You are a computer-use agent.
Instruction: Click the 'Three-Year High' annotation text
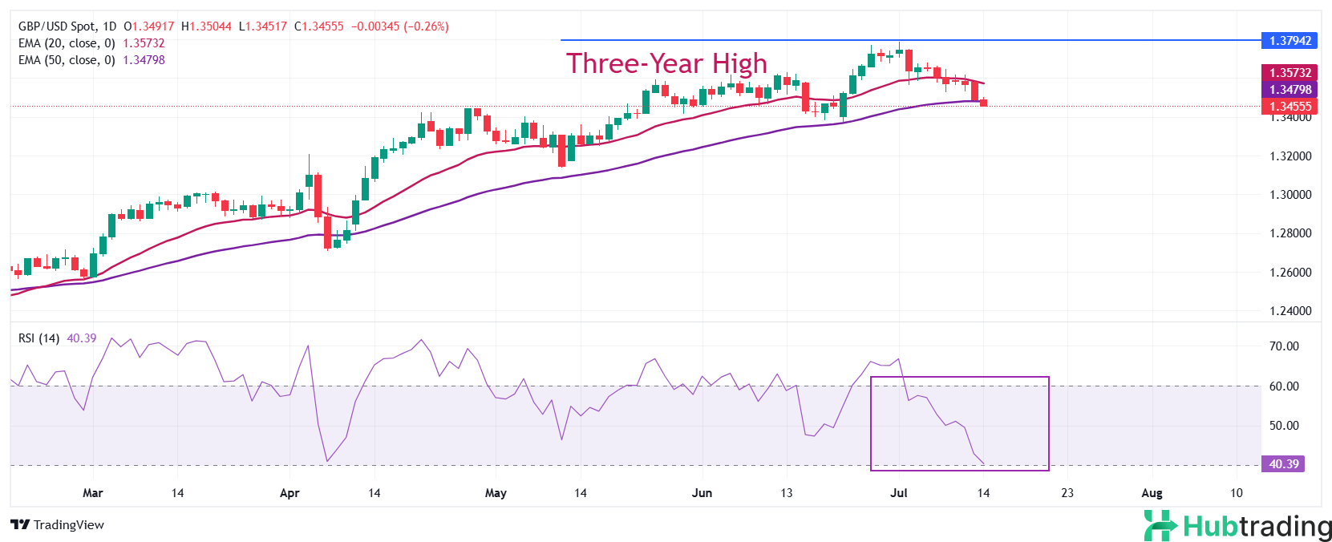click(x=666, y=63)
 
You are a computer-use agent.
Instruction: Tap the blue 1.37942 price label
click(x=1289, y=40)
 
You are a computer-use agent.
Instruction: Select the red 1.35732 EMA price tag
click(x=1289, y=73)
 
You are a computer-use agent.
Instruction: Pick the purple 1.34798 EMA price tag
click(x=1289, y=90)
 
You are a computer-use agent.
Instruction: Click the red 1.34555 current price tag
click(x=1289, y=107)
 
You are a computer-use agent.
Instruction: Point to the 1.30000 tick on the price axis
click(x=1290, y=195)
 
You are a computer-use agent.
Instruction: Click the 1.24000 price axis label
click(x=1290, y=311)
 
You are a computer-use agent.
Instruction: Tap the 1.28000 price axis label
click(x=1290, y=233)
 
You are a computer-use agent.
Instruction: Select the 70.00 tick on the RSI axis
click(x=1284, y=346)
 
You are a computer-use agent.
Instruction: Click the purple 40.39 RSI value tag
click(x=1283, y=464)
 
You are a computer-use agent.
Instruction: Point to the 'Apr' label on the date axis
click(x=289, y=493)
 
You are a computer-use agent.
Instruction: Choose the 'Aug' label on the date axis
click(x=1152, y=493)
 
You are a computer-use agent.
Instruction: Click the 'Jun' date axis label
click(x=702, y=493)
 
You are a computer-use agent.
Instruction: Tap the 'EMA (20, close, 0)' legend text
click(x=67, y=43)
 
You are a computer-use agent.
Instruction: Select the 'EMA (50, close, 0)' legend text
click(x=67, y=60)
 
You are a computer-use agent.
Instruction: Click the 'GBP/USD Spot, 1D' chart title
click(x=67, y=26)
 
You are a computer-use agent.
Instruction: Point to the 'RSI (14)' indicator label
click(x=38, y=338)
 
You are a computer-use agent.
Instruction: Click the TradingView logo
click(x=58, y=525)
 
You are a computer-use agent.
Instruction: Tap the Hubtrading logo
click(x=1237, y=526)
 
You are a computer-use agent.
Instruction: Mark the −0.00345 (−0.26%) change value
click(x=399, y=26)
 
